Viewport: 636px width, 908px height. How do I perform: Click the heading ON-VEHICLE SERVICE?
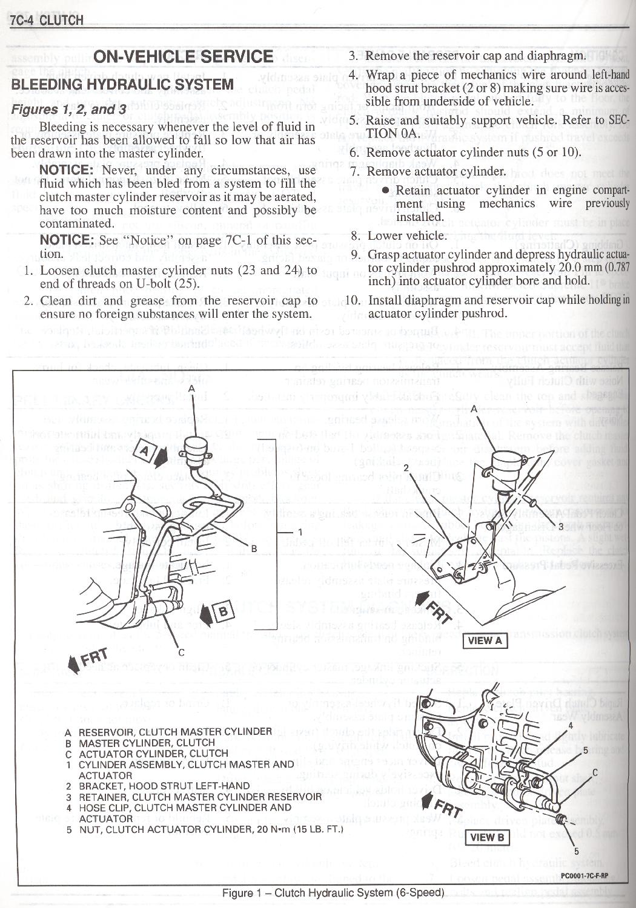(184, 57)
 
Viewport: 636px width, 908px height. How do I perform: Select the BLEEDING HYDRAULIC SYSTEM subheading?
(122, 84)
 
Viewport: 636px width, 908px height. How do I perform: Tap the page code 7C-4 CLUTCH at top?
(47, 20)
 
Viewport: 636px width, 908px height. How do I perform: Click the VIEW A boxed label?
(485, 641)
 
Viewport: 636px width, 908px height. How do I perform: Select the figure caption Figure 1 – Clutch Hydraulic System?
(333, 893)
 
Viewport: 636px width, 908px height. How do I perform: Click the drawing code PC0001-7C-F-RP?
(584, 875)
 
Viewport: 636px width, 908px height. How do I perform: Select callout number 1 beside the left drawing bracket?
(299, 531)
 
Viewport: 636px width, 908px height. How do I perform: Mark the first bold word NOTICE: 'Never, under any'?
(66, 170)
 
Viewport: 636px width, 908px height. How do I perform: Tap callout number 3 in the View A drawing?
(560, 527)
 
